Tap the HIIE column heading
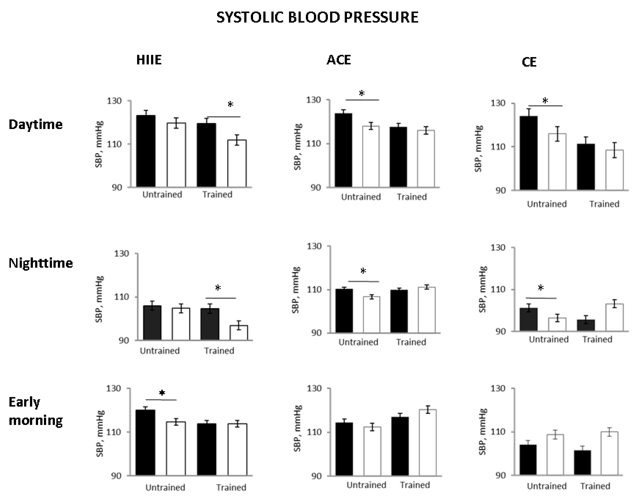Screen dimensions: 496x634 click(x=149, y=60)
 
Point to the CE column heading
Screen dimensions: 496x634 click(x=529, y=62)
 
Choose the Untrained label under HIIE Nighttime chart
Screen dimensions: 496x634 click(x=160, y=351)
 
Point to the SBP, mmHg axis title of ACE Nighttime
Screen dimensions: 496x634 click(x=296, y=290)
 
